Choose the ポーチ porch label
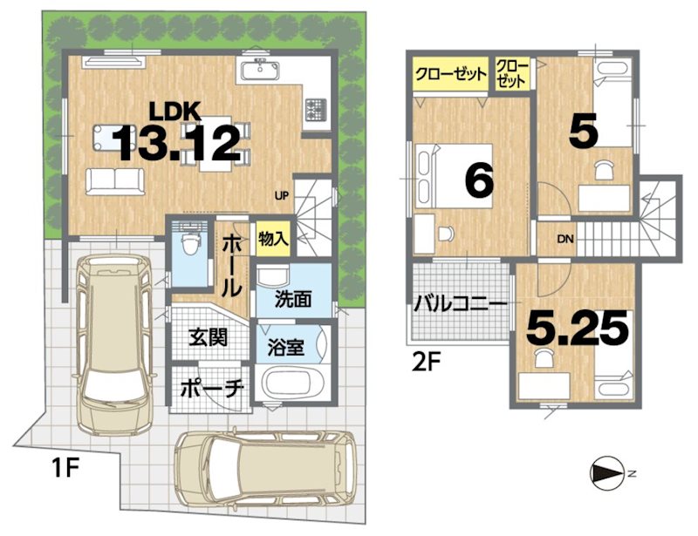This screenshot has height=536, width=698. click(x=210, y=389)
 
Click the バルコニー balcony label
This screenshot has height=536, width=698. click(x=460, y=306)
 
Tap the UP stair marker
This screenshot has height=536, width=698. click(x=282, y=195)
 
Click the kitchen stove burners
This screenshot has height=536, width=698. click(x=315, y=111)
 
